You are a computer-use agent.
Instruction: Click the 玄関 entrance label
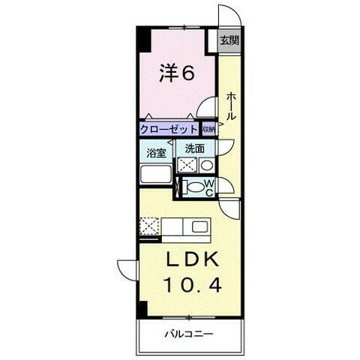click(x=229, y=41)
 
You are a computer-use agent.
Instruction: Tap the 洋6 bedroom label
click(x=178, y=73)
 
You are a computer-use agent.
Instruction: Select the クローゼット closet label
click(x=168, y=130)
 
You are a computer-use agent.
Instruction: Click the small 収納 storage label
click(x=208, y=130)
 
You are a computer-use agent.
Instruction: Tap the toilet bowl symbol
click(x=194, y=187)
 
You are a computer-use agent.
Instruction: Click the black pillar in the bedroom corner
click(x=140, y=41)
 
